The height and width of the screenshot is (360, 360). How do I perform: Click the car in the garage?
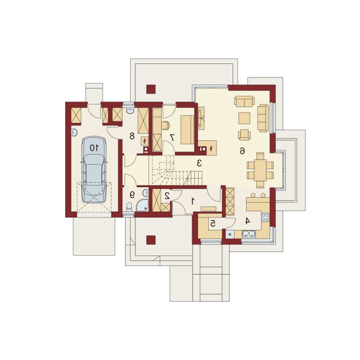(94, 170)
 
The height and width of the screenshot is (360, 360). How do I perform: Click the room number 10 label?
(94, 148)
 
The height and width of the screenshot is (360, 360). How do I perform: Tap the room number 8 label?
(132, 136)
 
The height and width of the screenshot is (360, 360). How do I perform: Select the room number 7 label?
(172, 137)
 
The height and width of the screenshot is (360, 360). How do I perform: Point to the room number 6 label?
(242, 151)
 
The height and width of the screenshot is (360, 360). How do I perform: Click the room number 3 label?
(199, 163)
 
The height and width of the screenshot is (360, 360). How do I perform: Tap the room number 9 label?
(132, 195)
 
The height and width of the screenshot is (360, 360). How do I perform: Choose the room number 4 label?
(247, 221)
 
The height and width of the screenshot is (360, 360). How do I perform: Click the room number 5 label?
(213, 223)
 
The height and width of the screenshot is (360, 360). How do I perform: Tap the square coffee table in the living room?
(244, 118)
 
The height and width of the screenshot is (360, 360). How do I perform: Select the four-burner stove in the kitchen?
(265, 217)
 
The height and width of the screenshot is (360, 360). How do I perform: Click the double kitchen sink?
(249, 234)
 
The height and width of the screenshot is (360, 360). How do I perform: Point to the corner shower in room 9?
(143, 205)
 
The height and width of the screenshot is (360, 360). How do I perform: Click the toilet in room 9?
(130, 207)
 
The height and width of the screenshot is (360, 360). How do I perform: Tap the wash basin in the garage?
(74, 132)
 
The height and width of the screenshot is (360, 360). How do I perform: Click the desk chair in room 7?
(166, 125)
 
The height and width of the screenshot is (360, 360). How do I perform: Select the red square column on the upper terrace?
(151, 89)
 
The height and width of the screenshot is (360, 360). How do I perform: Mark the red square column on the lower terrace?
(151, 240)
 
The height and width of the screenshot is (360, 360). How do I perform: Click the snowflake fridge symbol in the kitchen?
(230, 234)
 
